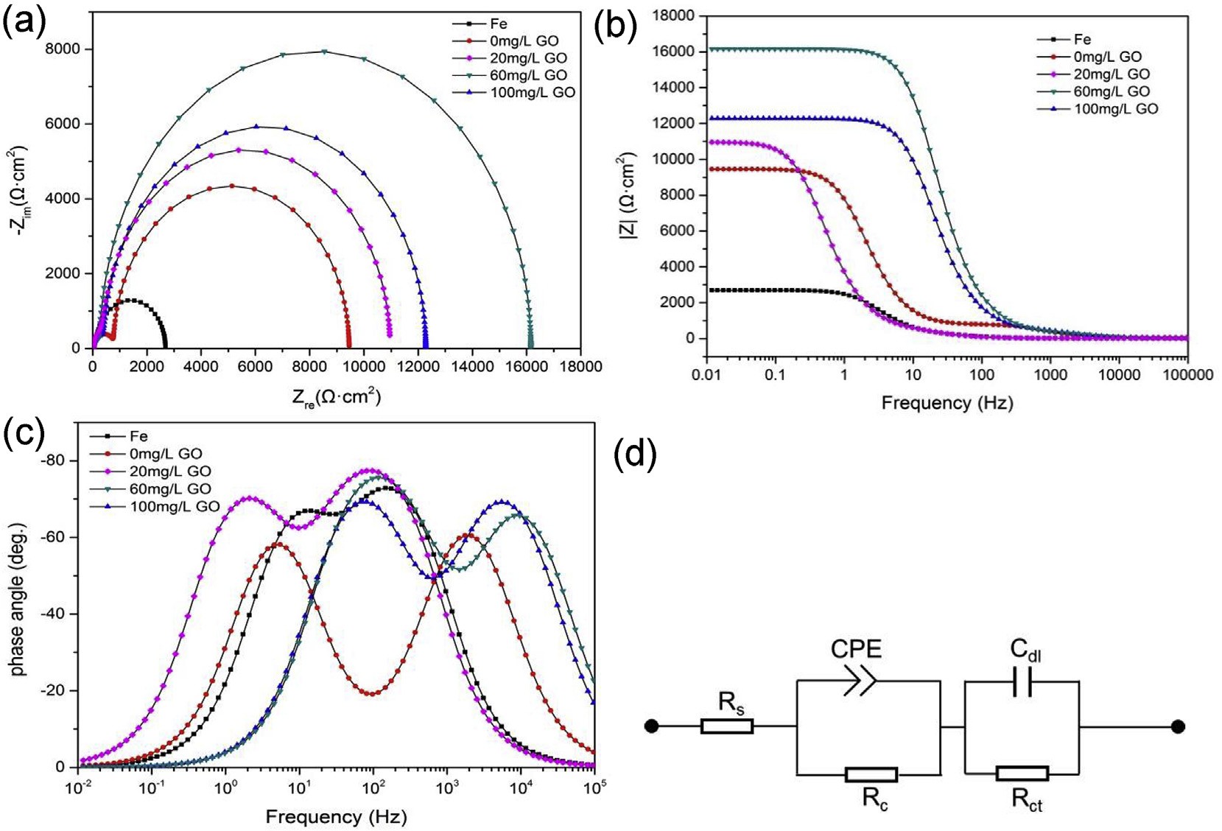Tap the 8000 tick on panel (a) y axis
tap(63, 49)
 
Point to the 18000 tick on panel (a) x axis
tap(580, 366)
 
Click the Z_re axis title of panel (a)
tap(337, 398)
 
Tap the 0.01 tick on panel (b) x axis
tap(706, 375)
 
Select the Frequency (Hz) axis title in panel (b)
tap(947, 403)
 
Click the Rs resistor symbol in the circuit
tap(727, 726)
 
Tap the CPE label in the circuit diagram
tap(856, 649)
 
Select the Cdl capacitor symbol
tap(1022, 681)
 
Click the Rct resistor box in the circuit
tap(1022, 774)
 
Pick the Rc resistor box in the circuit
tap(871, 774)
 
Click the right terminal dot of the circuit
tap(1178, 726)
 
